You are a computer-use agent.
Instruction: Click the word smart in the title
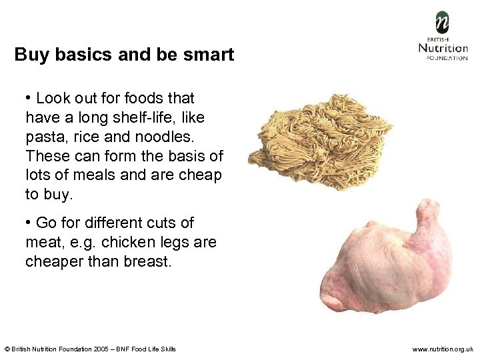point(209,54)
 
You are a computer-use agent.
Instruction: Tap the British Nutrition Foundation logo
point(443,36)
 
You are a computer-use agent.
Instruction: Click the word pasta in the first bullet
point(44,137)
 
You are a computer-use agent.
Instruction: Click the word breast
point(147,261)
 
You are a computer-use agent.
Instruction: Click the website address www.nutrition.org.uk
point(443,349)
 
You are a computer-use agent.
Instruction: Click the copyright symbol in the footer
point(7,349)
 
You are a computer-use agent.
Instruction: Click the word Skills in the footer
point(168,349)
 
